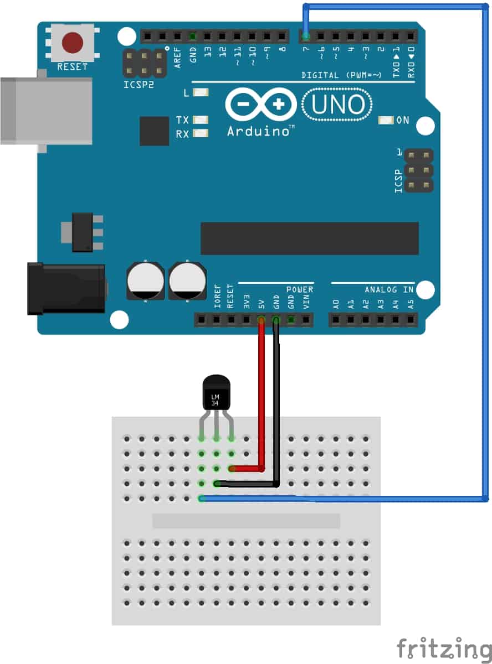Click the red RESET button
[x=72, y=42]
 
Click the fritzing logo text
[x=444, y=648]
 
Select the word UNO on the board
[x=339, y=105]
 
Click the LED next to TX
[x=201, y=120]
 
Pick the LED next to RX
[x=201, y=133]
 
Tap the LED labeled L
[x=201, y=93]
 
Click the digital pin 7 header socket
[x=306, y=37]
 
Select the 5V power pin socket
[x=261, y=319]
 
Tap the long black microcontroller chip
[x=309, y=238]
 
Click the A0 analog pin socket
[x=336, y=319]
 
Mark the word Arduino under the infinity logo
[x=259, y=131]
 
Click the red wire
[x=261, y=398]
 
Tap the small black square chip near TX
[x=154, y=131]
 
